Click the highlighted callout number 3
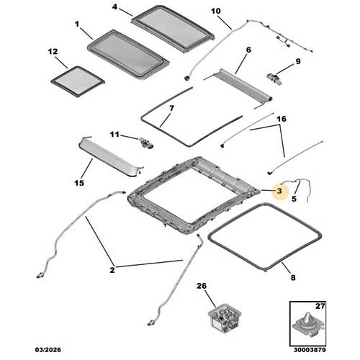coord(279,191)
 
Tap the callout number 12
coord(53,52)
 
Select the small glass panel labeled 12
coord(78,81)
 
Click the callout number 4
coord(114,7)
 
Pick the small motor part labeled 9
coord(274,79)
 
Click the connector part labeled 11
coord(146,143)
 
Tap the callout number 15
coord(79,183)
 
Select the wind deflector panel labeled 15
coord(111,156)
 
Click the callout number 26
coord(202,286)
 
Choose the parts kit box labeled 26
coord(224,316)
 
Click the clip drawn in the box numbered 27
coord(307,325)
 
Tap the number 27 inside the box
coord(320,306)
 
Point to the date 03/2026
coord(48,349)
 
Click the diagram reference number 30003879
coord(310,350)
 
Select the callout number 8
coord(293,278)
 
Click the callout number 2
coord(112,270)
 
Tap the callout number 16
coord(282,119)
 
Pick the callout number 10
coord(215,11)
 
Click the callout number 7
coord(171,109)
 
